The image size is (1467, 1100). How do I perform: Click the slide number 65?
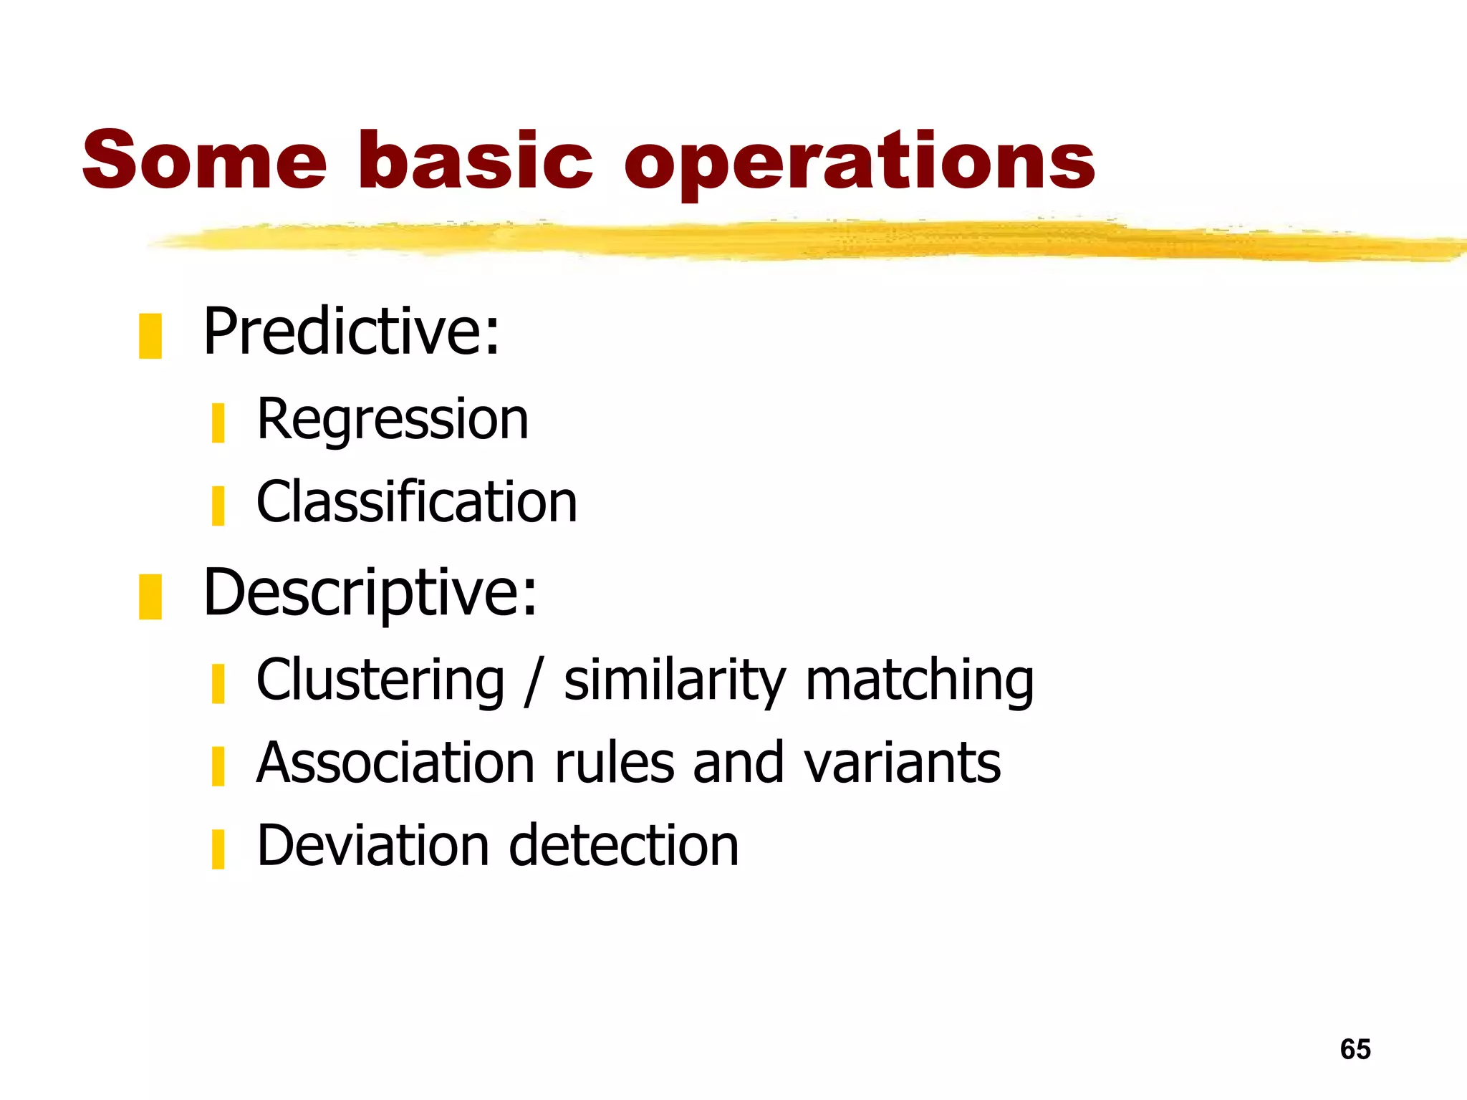click(1355, 1049)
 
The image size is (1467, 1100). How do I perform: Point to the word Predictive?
click(351, 332)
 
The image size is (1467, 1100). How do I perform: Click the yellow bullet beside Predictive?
click(150, 336)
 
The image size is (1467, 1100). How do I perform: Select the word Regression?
click(393, 420)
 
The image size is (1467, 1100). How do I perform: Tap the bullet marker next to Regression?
click(218, 423)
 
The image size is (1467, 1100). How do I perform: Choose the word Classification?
click(416, 502)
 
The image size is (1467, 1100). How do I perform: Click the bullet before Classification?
click(218, 506)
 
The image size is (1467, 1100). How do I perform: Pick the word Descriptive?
click(369, 593)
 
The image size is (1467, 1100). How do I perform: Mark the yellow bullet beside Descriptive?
click(150, 597)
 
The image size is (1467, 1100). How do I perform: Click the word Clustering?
click(380, 680)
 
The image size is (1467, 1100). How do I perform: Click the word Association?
click(396, 763)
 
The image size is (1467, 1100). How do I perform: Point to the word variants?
click(902, 763)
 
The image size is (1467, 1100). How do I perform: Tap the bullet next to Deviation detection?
click(218, 849)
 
